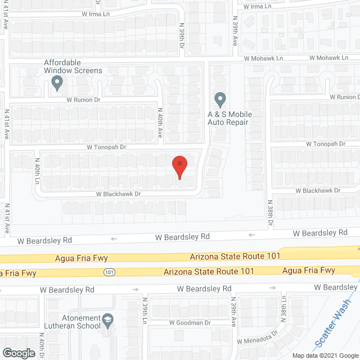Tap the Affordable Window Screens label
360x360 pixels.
click(x=73, y=66)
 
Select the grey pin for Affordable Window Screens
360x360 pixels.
click(x=57, y=84)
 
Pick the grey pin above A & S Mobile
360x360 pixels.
click(x=220, y=100)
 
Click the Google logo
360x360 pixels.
click(x=19, y=353)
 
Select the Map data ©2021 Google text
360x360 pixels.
click(x=325, y=355)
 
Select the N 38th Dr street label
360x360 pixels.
click(x=270, y=212)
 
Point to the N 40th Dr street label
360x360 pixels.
click(x=42, y=345)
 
